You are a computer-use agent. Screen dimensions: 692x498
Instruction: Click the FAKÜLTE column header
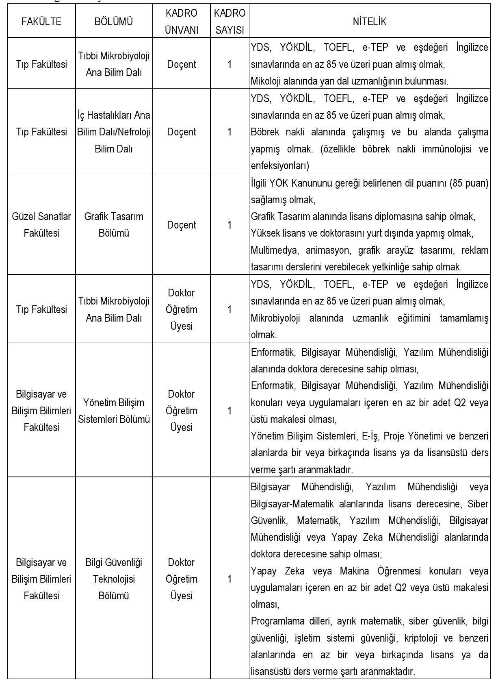pos(41,22)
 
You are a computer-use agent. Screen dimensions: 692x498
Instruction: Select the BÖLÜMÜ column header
pos(114,22)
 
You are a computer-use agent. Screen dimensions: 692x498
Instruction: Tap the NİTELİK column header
pos(370,22)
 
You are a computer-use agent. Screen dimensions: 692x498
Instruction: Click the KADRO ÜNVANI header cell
pos(182,22)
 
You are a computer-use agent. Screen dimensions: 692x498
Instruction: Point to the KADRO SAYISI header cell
pos(230,22)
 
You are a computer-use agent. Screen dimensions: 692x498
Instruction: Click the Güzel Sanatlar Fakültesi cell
pos(41,224)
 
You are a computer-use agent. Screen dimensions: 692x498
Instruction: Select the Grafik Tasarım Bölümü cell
pos(114,224)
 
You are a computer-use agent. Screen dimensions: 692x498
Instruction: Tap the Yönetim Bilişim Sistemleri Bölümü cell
pos(114,411)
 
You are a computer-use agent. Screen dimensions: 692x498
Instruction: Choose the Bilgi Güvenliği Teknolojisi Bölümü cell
pos(114,579)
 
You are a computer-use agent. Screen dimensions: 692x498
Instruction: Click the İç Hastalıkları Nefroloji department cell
pos(114,132)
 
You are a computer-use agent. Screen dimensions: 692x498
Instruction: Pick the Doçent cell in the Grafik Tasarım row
pos(182,225)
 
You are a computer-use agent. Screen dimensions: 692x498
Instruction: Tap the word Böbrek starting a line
pos(264,132)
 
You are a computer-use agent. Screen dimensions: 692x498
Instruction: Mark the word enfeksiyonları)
pos(280,166)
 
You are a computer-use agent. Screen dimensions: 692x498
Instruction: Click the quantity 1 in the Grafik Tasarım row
pos(230,225)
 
